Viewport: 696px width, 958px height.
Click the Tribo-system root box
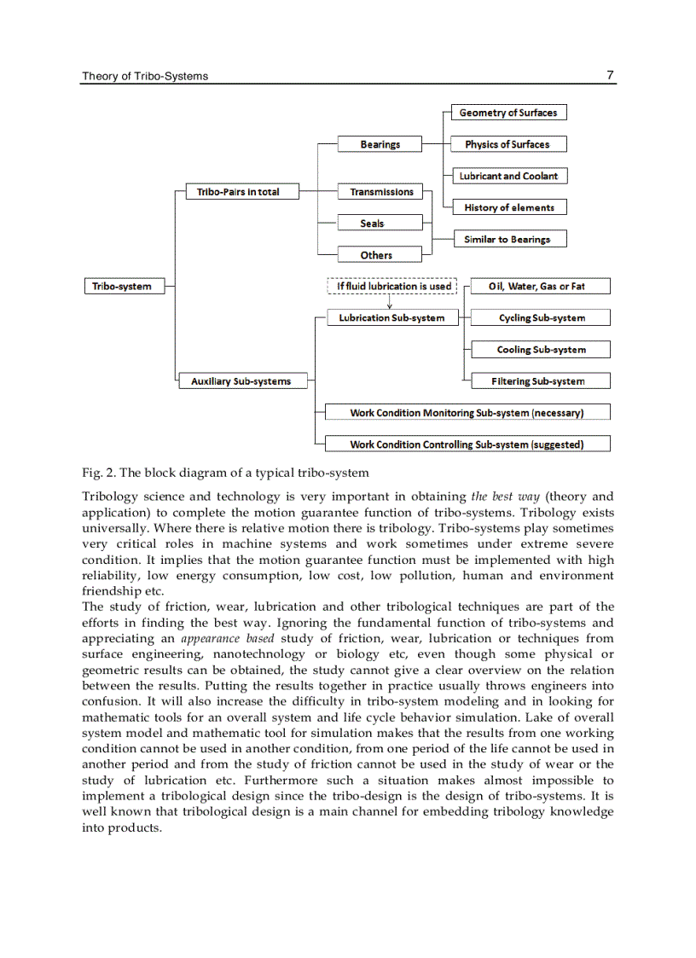122,287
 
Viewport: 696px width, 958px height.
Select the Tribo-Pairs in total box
238,192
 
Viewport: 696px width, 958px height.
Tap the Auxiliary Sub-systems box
241,381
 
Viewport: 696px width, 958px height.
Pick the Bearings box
380,145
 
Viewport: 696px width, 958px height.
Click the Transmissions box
381,192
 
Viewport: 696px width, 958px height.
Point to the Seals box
372,224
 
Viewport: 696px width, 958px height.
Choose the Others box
376,255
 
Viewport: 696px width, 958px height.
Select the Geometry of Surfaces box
507,113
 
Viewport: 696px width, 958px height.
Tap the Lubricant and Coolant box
508,176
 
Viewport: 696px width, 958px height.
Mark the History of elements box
509,207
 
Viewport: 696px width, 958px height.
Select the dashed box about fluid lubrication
393,287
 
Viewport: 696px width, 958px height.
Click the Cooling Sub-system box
541,350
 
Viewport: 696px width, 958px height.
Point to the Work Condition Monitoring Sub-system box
467,413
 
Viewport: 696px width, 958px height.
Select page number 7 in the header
610,75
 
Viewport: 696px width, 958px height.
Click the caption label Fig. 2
97,473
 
